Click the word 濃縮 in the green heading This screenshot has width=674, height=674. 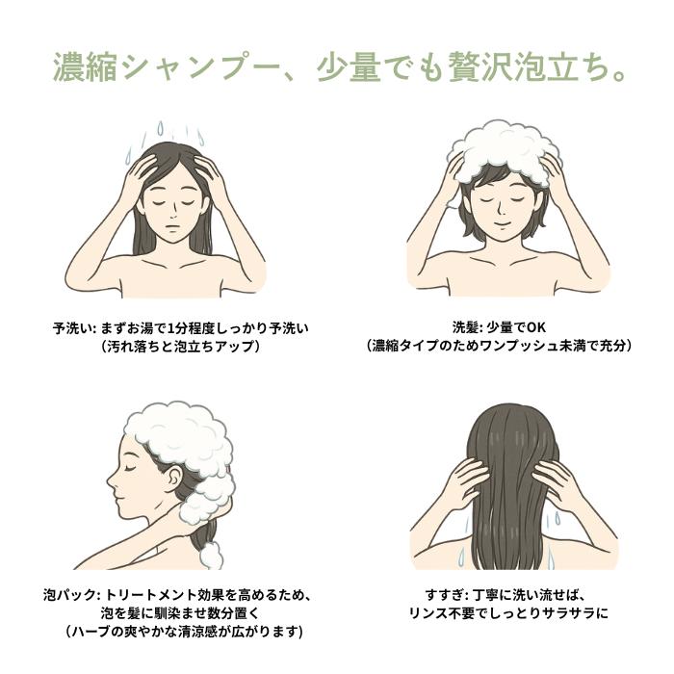[86, 67]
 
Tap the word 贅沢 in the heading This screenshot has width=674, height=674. [480, 67]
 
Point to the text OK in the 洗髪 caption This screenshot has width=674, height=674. [536, 327]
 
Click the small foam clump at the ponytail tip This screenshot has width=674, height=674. [212, 556]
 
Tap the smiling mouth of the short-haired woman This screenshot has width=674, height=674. [502, 224]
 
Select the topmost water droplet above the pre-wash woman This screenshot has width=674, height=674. [161, 127]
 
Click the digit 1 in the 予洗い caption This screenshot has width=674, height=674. [171, 329]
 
